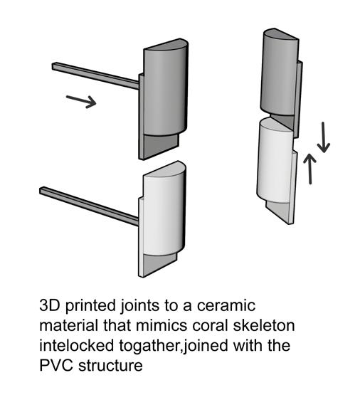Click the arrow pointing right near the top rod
coord(81,102)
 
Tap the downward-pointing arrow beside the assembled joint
coord(324,137)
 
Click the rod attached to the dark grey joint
coord(95,75)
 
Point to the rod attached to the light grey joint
coord(89,206)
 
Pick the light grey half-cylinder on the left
coord(164,209)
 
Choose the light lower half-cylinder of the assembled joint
coord(275,162)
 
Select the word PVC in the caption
coord(57,365)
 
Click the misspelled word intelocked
coord(77,345)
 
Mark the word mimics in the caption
coord(162,325)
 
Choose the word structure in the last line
coord(110,365)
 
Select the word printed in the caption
coord(90,306)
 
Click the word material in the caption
coord(69,325)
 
